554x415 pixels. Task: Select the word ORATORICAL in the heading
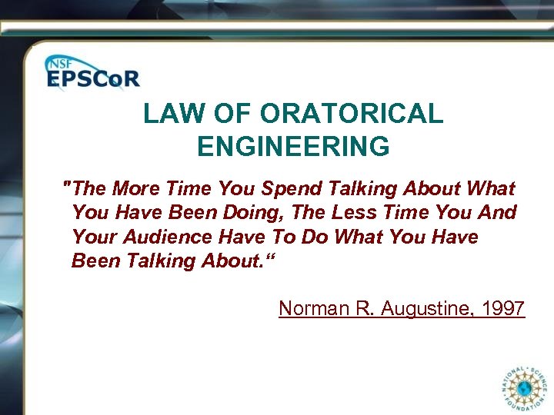[352, 115]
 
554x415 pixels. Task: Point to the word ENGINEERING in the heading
[293, 146]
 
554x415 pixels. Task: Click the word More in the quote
[138, 188]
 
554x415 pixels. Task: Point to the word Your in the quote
[92, 237]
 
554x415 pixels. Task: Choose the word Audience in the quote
[164, 237]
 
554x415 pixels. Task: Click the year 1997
[503, 309]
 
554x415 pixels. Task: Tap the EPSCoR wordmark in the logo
[93, 79]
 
